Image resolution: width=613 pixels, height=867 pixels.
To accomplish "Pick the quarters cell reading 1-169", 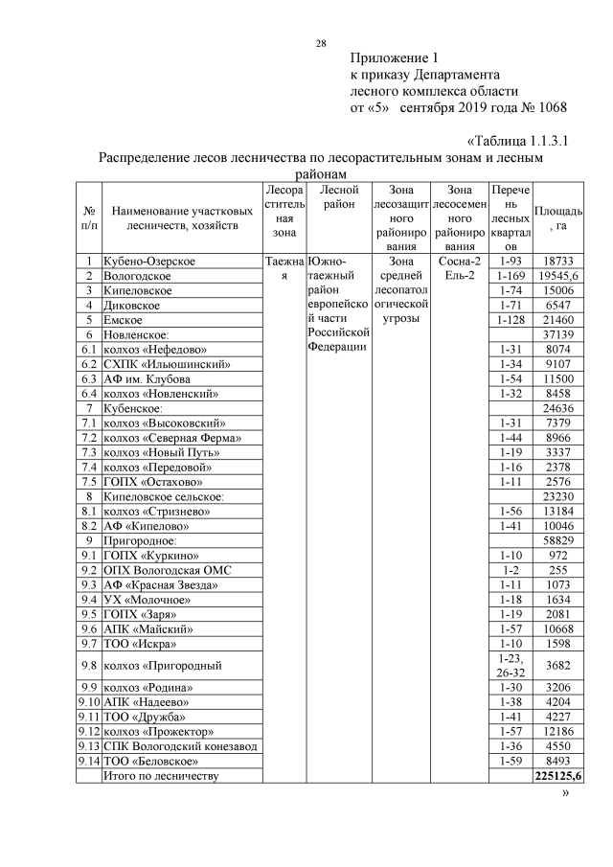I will (x=509, y=276).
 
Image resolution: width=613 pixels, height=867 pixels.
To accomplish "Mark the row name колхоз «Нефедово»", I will (x=154, y=350).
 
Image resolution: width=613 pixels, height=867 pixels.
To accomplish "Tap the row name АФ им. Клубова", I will (x=147, y=378).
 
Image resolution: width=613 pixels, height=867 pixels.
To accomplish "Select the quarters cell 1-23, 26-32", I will (x=509, y=665).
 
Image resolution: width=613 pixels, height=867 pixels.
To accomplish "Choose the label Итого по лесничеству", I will (x=161, y=776).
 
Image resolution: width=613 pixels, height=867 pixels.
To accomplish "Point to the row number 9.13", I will (x=89, y=746).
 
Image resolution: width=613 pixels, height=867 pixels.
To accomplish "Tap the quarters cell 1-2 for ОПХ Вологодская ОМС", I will (x=509, y=569).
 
